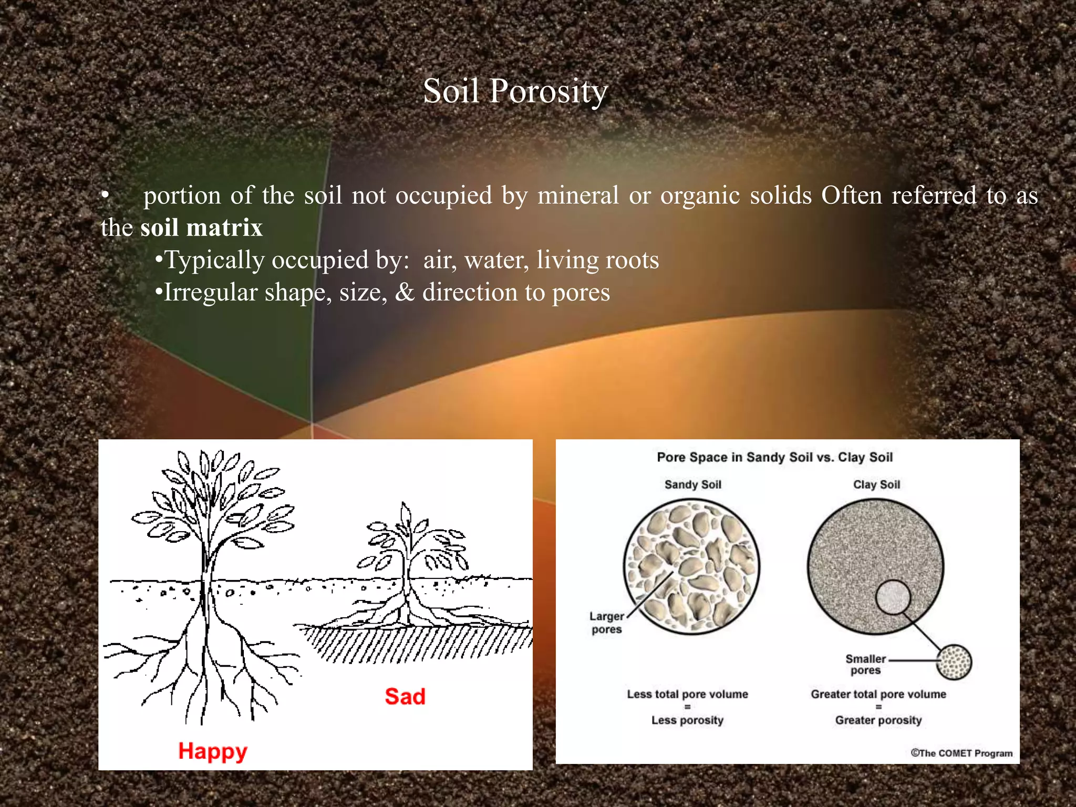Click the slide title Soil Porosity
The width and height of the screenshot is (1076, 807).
click(515, 91)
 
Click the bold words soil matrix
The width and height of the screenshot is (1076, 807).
click(201, 228)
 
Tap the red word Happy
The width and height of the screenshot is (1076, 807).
click(212, 751)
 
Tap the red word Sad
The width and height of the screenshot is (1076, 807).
click(405, 697)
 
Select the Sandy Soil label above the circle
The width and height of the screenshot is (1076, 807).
click(692, 484)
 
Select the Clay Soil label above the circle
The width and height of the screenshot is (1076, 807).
click(876, 484)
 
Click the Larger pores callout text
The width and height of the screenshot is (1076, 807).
click(606, 623)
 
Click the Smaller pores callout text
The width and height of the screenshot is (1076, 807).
click(865, 665)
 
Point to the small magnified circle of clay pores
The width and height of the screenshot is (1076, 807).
click(954, 662)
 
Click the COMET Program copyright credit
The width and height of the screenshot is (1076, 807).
click(961, 753)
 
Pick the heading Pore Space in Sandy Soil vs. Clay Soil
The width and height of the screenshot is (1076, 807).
click(774, 457)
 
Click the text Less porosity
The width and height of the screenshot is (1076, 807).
click(687, 720)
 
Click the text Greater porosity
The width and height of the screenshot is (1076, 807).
click(878, 720)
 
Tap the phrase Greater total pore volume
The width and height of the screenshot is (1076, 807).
click(878, 695)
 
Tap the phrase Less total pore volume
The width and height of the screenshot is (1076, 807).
click(687, 695)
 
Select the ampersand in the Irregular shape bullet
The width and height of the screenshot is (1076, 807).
click(405, 293)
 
